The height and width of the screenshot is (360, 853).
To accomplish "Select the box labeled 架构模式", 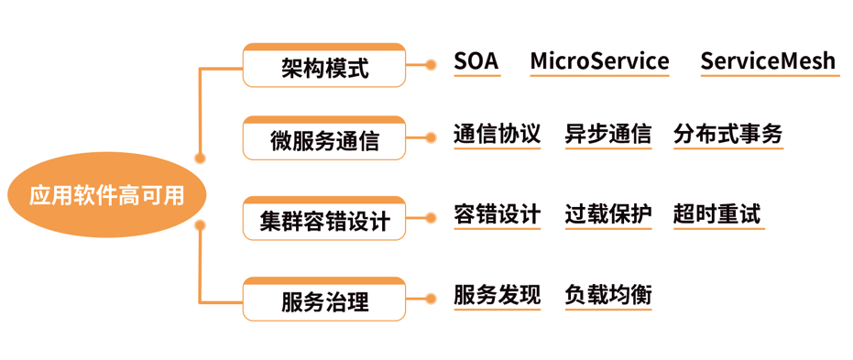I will pos(323,66).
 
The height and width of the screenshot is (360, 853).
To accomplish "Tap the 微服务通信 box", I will pos(323,139).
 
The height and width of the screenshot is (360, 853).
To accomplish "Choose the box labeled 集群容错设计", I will pos(323,220).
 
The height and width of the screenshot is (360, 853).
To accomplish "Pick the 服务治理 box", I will pos(323,300).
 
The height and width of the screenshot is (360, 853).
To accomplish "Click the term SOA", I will pos(476,61).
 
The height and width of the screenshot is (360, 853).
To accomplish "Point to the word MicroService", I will pos(599,61).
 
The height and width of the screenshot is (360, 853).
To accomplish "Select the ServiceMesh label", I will pos(768,61).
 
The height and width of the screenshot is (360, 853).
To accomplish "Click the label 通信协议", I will pos(498,135).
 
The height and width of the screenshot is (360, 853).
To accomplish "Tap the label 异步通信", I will pos(608,135).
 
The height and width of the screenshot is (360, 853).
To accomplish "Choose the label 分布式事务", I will pos(728,135).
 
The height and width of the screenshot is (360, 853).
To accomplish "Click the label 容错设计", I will pos(498,215).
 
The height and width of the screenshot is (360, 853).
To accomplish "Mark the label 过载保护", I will pos(608,215).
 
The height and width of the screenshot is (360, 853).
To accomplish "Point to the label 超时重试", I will pos(717,215).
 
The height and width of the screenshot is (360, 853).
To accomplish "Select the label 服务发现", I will pos(498,295).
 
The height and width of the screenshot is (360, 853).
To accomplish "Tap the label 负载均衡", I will pos(608,295).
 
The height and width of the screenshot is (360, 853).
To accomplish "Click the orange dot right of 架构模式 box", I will pos(431,65).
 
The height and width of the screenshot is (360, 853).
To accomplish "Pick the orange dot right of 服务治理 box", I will pos(431,299).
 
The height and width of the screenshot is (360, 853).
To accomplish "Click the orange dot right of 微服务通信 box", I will pos(431,138).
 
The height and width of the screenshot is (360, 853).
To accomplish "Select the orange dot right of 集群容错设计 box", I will pos(431,219).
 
